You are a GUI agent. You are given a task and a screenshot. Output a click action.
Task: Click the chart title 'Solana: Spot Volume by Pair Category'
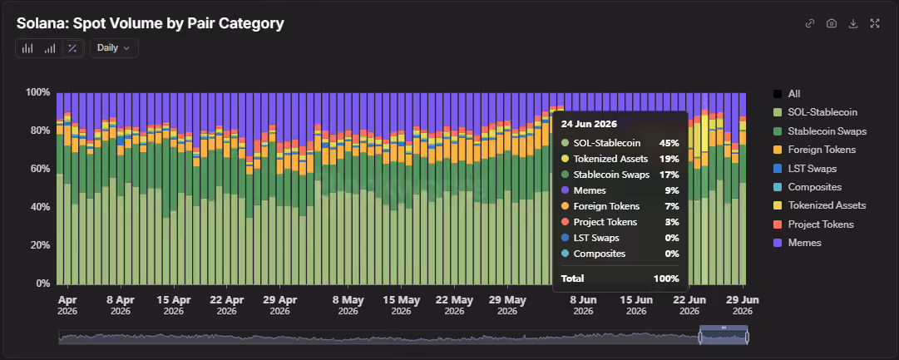pos(151,23)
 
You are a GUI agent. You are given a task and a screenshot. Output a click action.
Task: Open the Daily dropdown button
pos(114,48)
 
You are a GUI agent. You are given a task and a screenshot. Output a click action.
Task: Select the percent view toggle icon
pos(72,48)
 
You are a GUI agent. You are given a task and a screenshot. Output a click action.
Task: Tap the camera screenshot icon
pos(832,23)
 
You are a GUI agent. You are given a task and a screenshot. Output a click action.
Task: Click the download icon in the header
pos(853,23)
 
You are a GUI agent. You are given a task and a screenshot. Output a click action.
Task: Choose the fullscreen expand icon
pos(875,23)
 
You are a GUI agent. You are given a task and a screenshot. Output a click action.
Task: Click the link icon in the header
pos(809,23)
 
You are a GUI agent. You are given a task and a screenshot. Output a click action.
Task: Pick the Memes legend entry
pos(798,243)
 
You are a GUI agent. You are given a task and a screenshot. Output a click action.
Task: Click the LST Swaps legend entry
pos(805,169)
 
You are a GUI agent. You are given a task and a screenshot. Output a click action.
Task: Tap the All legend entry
pos(787,94)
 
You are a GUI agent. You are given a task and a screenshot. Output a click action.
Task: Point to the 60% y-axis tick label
pos(39,169)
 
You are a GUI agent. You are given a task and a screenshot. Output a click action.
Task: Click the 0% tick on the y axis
pos(42,284)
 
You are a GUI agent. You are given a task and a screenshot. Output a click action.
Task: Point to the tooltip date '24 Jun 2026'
pos(588,125)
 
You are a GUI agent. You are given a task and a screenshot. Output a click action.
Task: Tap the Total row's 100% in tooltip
pos(666,279)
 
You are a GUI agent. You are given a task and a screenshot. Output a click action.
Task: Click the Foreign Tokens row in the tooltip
pos(620,206)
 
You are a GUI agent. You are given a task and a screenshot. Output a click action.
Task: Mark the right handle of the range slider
pos(747,337)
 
